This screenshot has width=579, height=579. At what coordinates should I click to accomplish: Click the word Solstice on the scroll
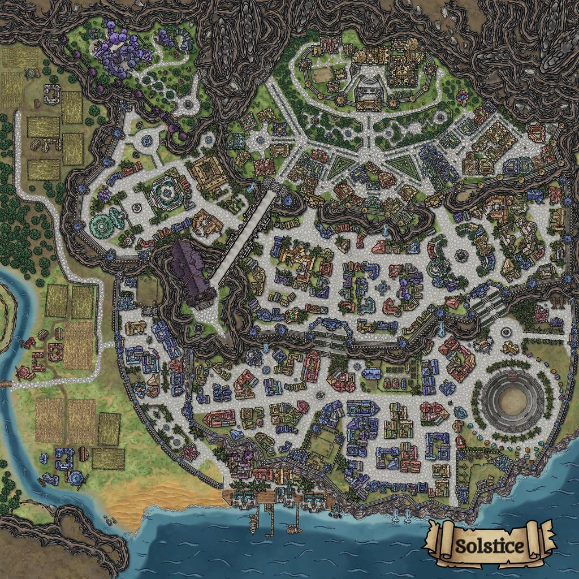pos(490,547)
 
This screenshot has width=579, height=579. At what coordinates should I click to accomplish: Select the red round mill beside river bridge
pos(24,372)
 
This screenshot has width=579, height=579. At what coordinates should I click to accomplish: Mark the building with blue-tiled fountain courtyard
pos(167,192)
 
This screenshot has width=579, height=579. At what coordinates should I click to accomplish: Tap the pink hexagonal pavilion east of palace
pos(463,97)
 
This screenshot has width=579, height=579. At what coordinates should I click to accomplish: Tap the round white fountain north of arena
pos(507,331)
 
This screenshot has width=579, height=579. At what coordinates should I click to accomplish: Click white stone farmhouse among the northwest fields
pos(53,94)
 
